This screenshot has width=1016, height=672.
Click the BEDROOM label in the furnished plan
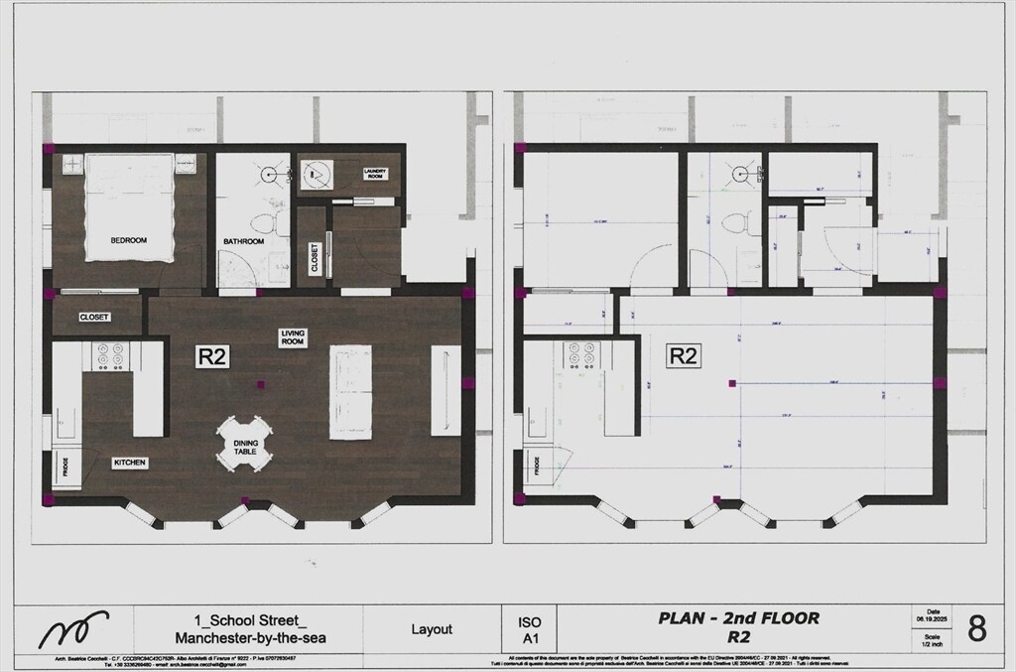(x=128, y=240)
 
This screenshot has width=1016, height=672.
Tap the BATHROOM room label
(x=243, y=241)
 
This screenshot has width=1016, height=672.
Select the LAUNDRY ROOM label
(x=374, y=173)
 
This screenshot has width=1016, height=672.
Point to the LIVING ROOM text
(x=292, y=338)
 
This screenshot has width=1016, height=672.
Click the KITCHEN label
(x=130, y=463)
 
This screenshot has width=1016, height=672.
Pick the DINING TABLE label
(x=245, y=448)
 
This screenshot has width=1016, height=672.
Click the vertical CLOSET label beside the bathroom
(x=315, y=258)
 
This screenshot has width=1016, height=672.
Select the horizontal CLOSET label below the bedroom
(x=94, y=318)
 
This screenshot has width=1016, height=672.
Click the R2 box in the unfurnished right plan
(x=682, y=356)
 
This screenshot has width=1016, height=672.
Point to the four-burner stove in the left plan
(x=108, y=355)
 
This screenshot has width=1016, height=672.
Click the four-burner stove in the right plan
(x=580, y=355)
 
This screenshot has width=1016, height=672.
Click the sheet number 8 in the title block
(x=976, y=628)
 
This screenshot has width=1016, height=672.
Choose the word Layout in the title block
(x=432, y=629)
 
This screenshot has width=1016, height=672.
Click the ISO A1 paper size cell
(x=530, y=628)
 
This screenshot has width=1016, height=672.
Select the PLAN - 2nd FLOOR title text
(x=739, y=618)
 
